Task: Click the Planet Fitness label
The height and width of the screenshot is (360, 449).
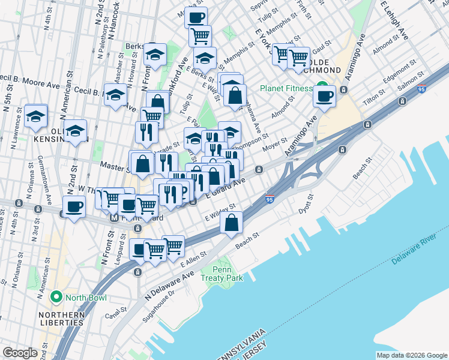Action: point(286,88)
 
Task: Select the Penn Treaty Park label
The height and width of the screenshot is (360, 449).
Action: point(223,274)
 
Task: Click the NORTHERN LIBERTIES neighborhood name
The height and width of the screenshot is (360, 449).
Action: point(61,319)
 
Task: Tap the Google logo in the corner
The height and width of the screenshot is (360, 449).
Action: point(20,353)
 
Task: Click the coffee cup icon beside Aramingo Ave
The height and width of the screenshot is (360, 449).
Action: point(325,96)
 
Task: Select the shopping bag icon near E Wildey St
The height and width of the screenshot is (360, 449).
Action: point(232,223)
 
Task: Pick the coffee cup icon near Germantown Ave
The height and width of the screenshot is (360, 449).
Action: point(74,207)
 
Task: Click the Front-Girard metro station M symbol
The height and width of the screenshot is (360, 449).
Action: point(114,219)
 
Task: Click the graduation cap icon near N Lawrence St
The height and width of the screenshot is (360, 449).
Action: point(36,116)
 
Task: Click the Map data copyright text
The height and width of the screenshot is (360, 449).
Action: point(411,355)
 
